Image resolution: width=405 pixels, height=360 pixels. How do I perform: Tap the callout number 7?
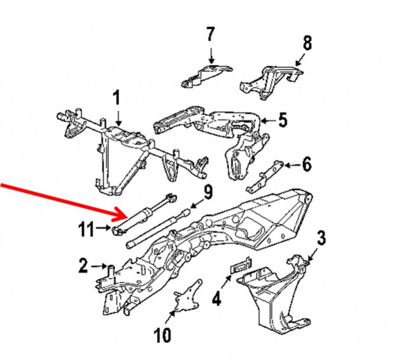211,34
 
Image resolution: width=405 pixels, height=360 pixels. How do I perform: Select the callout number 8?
307,43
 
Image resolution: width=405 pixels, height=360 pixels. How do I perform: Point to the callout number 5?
282,121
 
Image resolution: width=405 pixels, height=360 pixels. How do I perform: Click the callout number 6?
306,164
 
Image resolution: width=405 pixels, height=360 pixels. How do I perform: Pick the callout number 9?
208,192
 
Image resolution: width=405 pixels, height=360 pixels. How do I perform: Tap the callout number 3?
321,239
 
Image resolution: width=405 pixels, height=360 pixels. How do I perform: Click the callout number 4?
216,299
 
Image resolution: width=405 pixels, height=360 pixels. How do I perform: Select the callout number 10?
162,336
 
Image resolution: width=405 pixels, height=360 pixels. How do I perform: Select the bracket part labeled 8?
271,80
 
